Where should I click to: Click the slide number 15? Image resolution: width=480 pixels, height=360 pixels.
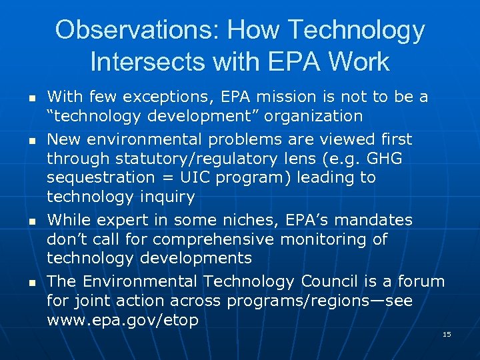click(447, 334)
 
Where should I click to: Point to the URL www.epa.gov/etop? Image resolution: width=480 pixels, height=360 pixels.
click(123, 321)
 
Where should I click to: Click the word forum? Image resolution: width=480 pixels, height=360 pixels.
click(422, 282)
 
